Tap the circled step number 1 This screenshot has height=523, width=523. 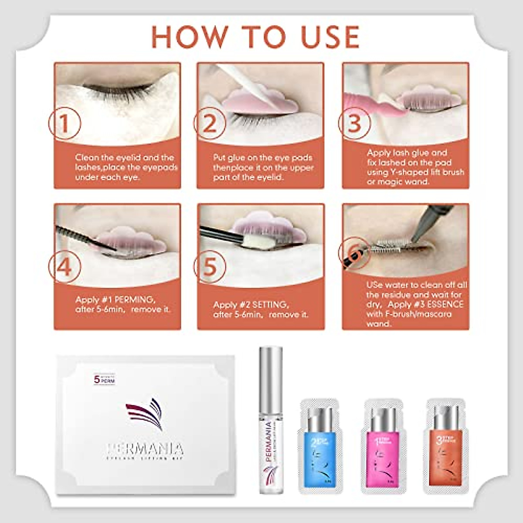click(x=65, y=123)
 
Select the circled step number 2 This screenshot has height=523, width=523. click(x=210, y=123)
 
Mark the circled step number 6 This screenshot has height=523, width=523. click(x=354, y=253)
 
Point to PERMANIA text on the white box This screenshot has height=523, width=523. click(x=145, y=449)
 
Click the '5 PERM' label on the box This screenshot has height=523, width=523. click(x=104, y=379)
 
